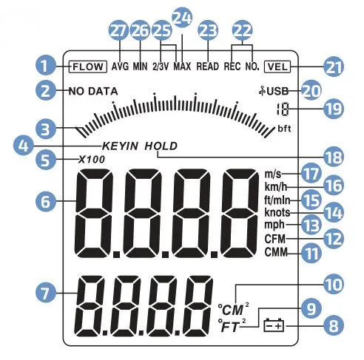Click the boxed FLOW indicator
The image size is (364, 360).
click(88, 67)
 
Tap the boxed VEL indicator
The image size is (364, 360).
click(277, 67)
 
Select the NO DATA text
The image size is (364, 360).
click(93, 92)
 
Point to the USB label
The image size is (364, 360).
click(274, 92)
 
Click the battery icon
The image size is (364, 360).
click(274, 326)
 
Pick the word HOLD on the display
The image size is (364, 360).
click(161, 146)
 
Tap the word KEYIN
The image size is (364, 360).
click(120, 146)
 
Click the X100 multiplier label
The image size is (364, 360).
click(92, 160)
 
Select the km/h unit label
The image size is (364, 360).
click(276, 187)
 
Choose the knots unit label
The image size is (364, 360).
click(277, 212)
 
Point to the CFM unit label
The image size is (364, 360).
click(275, 239)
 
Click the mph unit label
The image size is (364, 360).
click(274, 225)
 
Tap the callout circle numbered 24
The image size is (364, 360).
click(182, 17)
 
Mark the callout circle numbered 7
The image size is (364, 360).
click(46, 293)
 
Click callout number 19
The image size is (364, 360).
click(334, 109)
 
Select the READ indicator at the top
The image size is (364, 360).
click(208, 67)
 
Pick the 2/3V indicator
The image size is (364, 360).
click(161, 67)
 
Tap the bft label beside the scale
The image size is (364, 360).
click(284, 129)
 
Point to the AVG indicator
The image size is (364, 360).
click(120, 67)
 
